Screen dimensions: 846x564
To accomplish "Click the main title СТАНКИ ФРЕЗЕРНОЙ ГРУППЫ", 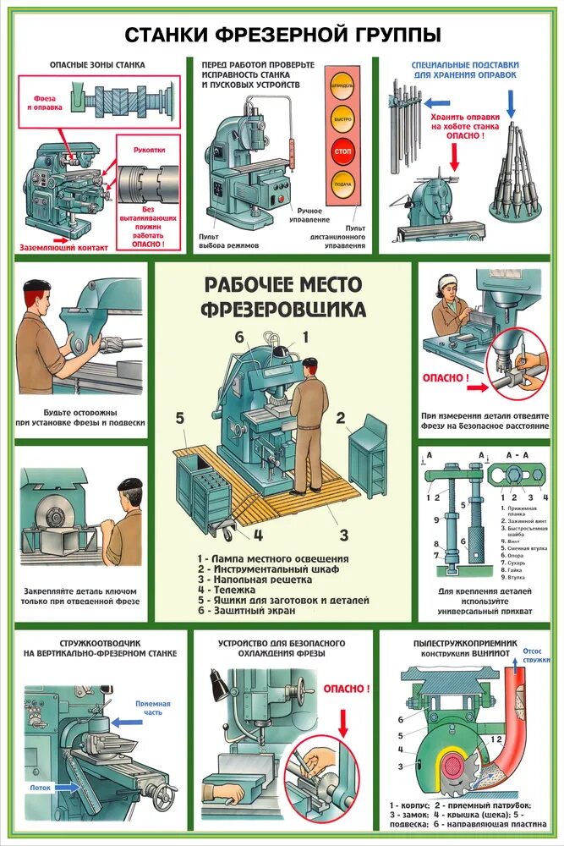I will click(282, 35).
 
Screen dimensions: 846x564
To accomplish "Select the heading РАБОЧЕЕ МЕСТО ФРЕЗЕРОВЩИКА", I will click(282, 295).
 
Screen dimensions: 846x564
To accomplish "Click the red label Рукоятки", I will click(149, 150).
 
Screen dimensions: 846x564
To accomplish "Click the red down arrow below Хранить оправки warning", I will click(453, 156).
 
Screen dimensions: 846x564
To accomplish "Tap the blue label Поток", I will click(40, 787).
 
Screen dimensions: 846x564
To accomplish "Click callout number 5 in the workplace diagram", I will click(179, 416).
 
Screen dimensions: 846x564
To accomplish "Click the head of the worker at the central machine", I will click(310, 365).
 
